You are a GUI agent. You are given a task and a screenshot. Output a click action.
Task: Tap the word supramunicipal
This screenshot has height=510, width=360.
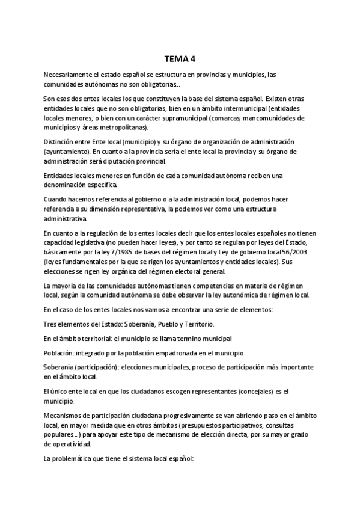tap(166, 118)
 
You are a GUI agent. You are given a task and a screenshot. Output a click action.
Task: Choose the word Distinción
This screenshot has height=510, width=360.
tap(61, 143)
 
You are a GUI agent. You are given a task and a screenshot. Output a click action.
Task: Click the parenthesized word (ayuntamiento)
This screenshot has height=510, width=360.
tap(67, 152)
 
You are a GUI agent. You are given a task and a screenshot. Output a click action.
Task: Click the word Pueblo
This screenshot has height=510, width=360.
tap(168, 324)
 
